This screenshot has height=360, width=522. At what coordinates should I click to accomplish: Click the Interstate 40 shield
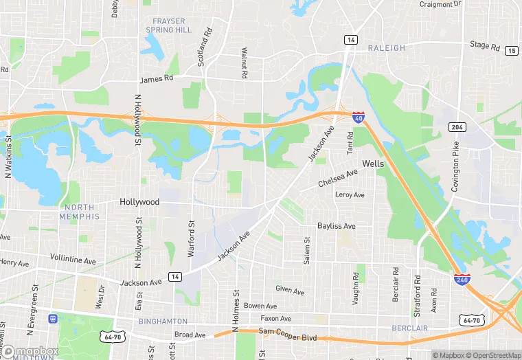[359, 117]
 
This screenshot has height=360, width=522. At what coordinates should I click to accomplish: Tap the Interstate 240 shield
[462, 280]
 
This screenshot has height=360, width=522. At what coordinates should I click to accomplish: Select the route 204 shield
[457, 127]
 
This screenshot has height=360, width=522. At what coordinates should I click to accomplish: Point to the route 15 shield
[511, 50]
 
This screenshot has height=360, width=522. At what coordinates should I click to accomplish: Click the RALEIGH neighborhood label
[387, 48]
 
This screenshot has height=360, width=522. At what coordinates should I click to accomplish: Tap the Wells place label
[373, 164]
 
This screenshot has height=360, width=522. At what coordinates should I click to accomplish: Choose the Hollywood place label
[139, 202]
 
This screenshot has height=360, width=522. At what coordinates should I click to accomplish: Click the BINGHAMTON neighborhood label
[163, 321]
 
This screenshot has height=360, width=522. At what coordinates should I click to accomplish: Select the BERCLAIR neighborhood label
[410, 328]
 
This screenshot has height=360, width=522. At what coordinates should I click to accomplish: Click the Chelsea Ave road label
[339, 179]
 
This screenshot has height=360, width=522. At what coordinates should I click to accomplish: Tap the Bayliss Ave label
[337, 226]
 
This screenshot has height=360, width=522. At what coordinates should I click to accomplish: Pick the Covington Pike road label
[455, 159]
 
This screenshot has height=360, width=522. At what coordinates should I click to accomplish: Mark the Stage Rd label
[485, 45]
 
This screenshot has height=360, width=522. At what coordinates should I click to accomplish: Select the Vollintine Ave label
[73, 260]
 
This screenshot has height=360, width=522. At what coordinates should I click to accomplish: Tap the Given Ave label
[289, 290]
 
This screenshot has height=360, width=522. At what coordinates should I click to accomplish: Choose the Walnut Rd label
[244, 63]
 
